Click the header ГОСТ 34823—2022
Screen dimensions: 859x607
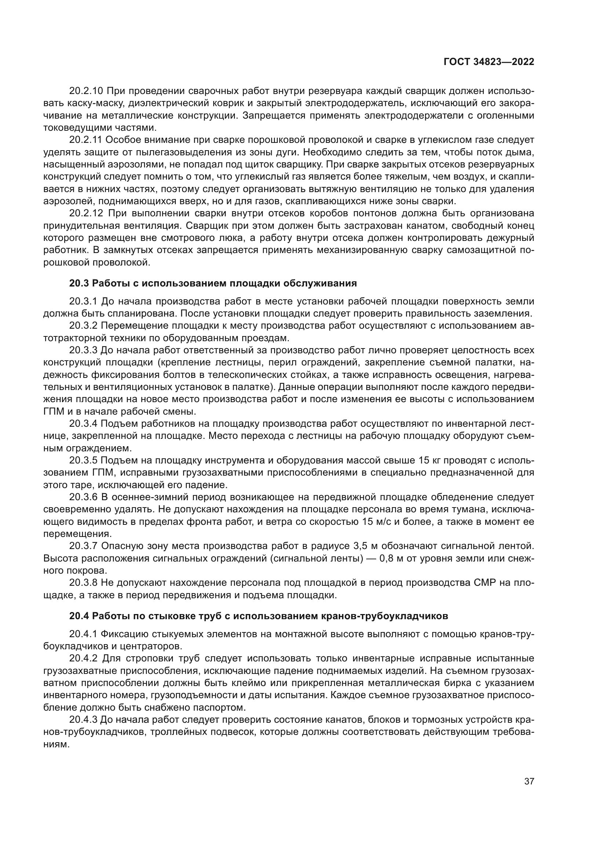pos(488,62)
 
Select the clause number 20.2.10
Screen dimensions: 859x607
pos(88,91)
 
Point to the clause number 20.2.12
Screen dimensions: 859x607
pos(88,214)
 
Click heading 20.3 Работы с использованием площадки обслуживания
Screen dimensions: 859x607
pos(213,283)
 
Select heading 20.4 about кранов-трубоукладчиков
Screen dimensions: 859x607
pos(258,616)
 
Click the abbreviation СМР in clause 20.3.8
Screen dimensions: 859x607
pos(484,583)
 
